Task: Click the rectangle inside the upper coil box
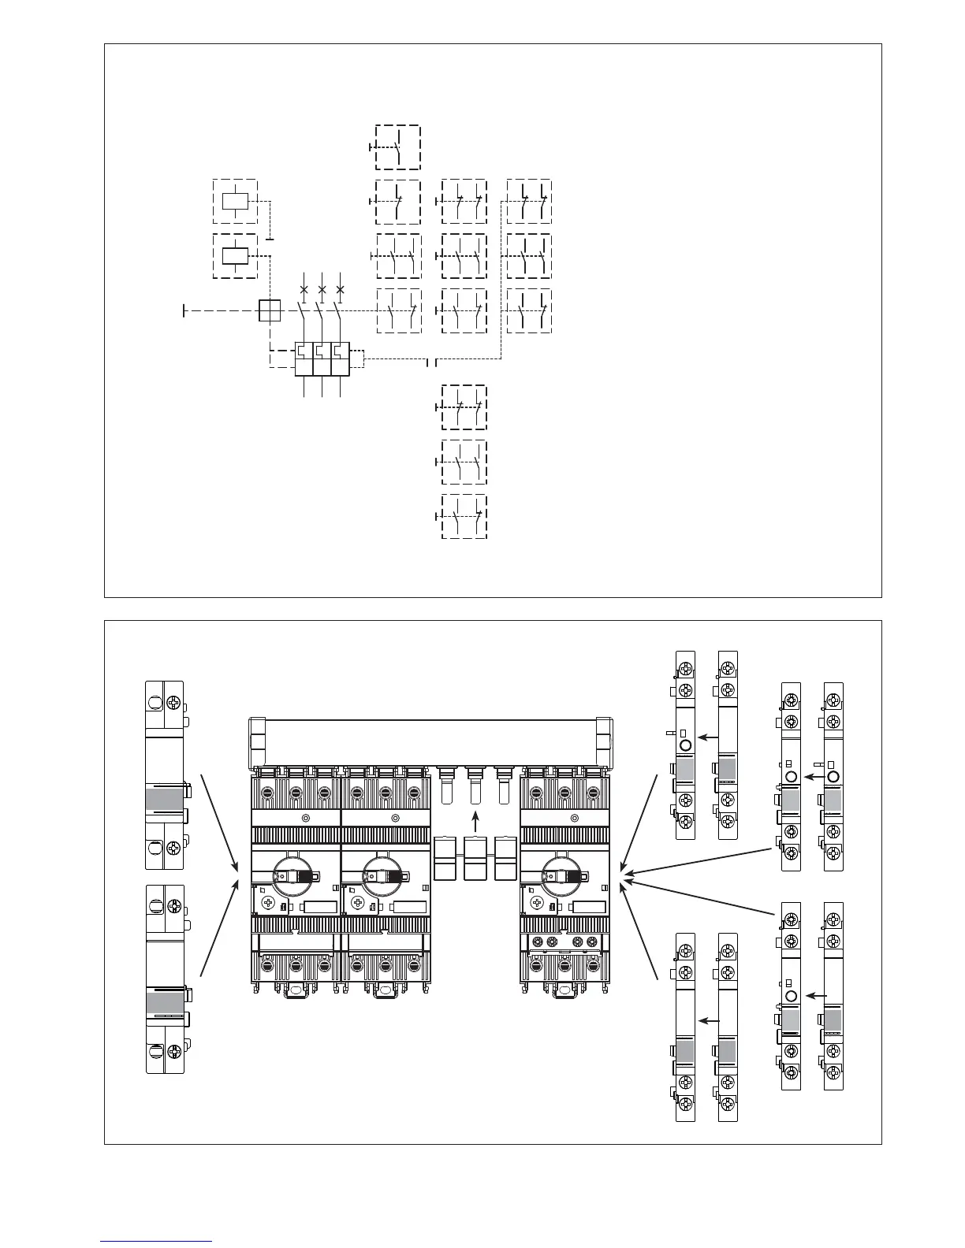click(236, 201)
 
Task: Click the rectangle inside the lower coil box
click(236, 255)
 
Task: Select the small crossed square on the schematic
click(270, 311)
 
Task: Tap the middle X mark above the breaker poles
click(322, 290)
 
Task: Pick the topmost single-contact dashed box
click(398, 147)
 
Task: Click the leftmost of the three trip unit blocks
click(304, 358)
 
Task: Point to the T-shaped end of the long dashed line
click(184, 311)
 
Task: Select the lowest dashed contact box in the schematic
click(464, 516)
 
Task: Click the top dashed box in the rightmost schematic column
click(528, 202)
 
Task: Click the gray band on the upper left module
click(164, 798)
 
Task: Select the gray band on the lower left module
click(164, 1002)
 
